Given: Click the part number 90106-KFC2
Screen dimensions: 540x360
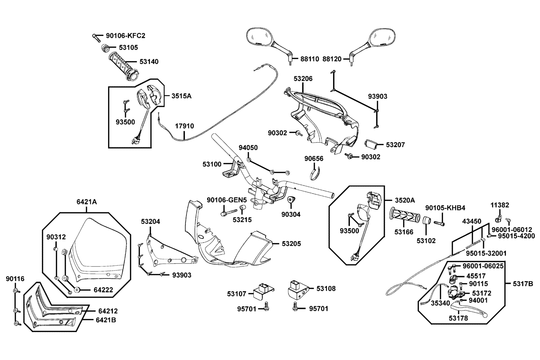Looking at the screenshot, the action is point(125,36).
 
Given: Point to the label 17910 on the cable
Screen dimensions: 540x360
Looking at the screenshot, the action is point(184,126).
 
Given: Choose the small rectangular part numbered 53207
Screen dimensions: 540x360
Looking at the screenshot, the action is point(372,144).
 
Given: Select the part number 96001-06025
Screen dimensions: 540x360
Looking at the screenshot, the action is point(483,266).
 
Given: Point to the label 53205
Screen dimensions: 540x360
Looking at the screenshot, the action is point(291,244).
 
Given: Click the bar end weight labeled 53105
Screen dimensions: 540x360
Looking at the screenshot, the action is point(105,48).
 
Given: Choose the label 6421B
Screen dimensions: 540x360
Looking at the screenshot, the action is point(106,320).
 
